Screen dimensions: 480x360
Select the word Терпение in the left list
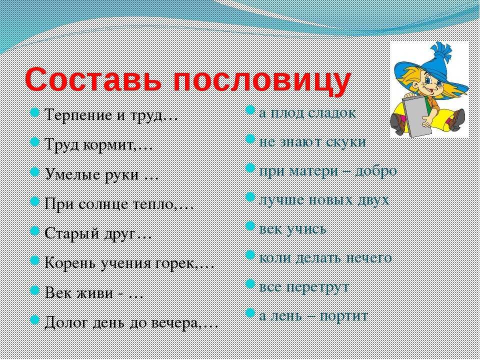[x=78, y=115]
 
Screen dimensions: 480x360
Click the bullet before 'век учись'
[x=250, y=226]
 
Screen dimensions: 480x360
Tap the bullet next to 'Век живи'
[x=35, y=290]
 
